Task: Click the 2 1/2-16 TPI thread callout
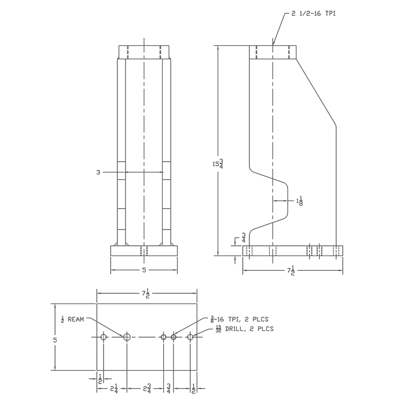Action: point(314,13)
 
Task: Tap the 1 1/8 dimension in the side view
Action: point(299,200)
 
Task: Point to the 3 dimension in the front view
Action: point(98,172)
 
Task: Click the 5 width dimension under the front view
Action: point(144,270)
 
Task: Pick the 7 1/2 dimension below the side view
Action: point(291,271)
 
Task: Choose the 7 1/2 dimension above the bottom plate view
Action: point(146,293)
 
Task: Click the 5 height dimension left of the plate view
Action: point(55,340)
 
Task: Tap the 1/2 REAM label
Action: point(72,319)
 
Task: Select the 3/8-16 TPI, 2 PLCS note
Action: point(239,319)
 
